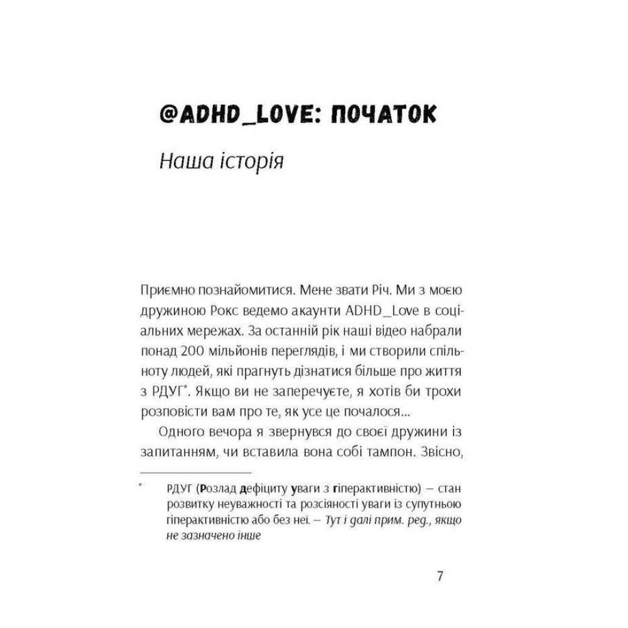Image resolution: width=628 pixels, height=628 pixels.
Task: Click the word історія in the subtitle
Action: tap(251, 161)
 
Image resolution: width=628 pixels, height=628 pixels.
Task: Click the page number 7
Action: tap(440, 576)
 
